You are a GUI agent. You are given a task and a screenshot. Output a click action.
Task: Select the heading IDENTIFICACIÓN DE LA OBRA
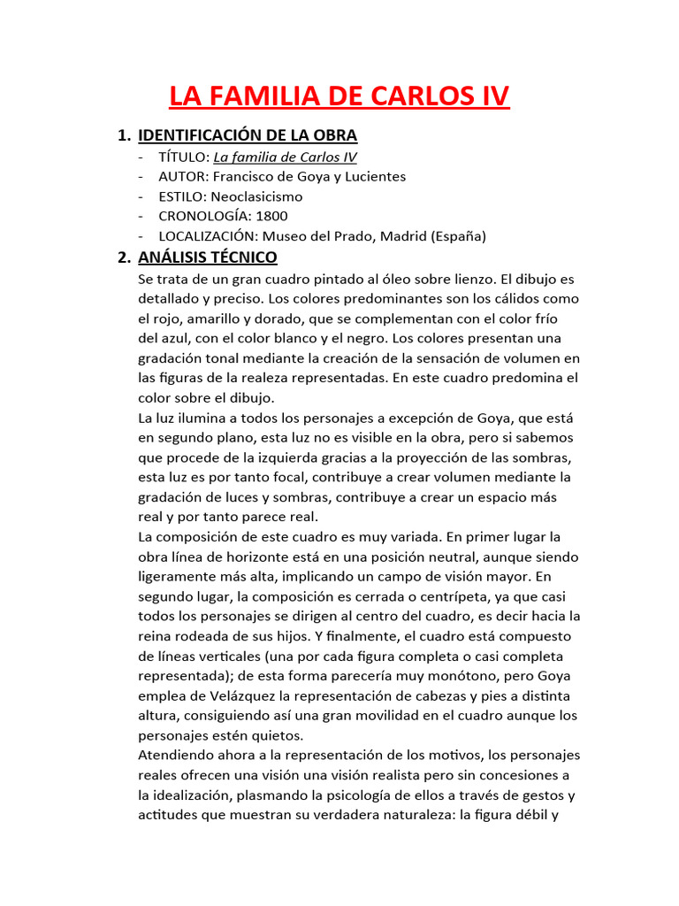click(248, 135)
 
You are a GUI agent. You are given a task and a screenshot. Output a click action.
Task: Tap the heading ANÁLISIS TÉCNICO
click(208, 257)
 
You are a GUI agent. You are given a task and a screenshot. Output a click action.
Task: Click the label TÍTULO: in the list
click(184, 157)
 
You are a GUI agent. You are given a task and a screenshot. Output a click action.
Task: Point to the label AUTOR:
click(184, 176)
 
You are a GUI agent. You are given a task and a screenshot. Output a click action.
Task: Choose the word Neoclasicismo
click(256, 196)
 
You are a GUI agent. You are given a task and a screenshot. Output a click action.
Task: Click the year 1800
click(271, 216)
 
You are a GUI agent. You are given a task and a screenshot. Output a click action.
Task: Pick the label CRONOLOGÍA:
click(206, 216)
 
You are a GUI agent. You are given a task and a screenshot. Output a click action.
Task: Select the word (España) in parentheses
click(458, 236)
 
